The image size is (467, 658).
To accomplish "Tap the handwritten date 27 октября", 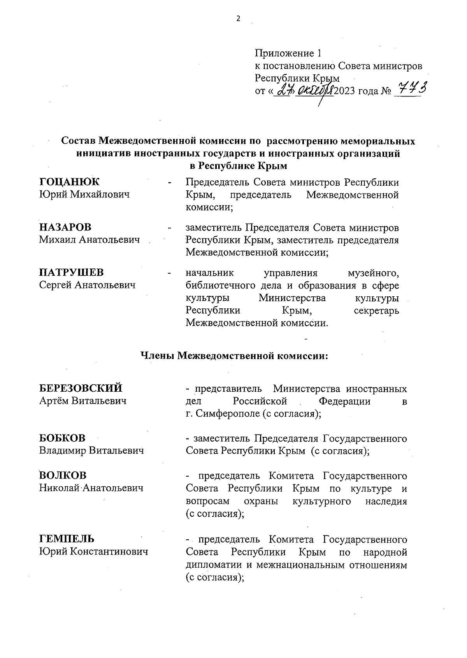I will pos(304,92).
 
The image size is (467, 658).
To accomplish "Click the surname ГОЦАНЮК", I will pos(70,182).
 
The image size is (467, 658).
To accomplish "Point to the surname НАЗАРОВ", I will pos(65,227).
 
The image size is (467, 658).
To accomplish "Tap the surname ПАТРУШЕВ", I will pos(71,273).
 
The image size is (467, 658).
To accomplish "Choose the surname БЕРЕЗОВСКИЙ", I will pos(81,388).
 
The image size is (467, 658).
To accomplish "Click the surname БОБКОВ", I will pos(62,438).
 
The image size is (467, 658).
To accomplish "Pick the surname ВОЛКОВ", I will pos(63,475).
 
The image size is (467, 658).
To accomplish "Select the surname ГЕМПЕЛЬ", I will pos(67,539).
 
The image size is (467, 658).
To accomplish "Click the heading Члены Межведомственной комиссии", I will pos(234,355).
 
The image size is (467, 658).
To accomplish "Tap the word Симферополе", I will pos(228,414).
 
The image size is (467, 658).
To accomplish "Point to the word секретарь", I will pos(376,310).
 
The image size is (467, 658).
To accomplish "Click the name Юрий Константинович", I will pos(93,552).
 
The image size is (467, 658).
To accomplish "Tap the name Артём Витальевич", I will pos(83,401).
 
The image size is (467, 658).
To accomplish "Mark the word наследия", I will pos(386,501).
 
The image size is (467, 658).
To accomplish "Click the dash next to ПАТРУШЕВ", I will pos(169,273).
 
